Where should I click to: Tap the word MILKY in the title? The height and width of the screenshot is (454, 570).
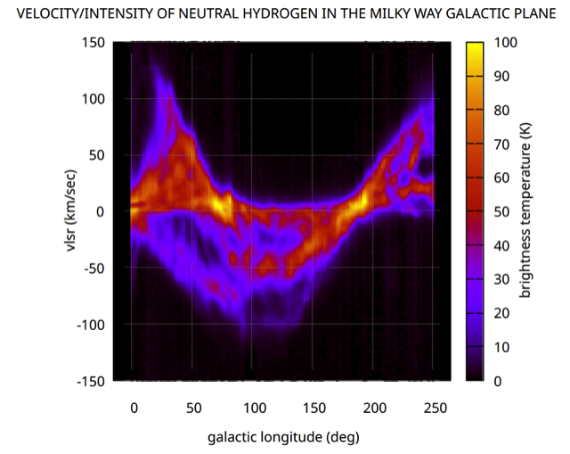point(388,14)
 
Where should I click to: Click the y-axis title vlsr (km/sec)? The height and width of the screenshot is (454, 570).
point(70,210)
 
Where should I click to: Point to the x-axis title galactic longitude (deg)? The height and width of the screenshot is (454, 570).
point(283,437)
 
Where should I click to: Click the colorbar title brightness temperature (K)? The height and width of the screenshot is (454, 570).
point(525,210)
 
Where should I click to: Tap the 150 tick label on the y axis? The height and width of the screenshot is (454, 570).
point(93,43)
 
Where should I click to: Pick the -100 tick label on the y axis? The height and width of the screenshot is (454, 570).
point(91,325)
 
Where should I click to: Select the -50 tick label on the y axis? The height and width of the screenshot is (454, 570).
point(94,268)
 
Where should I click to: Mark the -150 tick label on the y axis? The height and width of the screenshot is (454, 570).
point(91,382)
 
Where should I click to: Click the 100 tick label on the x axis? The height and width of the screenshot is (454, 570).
point(255,408)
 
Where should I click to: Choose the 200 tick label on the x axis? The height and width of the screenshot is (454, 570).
point(374,408)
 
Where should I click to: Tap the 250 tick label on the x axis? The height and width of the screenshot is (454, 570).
point(436,408)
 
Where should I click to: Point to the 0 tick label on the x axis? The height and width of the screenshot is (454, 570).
point(134,408)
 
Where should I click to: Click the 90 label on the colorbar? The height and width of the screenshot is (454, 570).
point(501,77)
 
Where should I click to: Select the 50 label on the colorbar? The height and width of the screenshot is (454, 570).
point(501,212)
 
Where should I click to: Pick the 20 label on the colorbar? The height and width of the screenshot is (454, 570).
point(501,313)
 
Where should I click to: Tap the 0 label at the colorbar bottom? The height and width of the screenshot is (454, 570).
point(498,381)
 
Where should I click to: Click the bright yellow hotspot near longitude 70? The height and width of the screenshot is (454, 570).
point(220,206)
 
